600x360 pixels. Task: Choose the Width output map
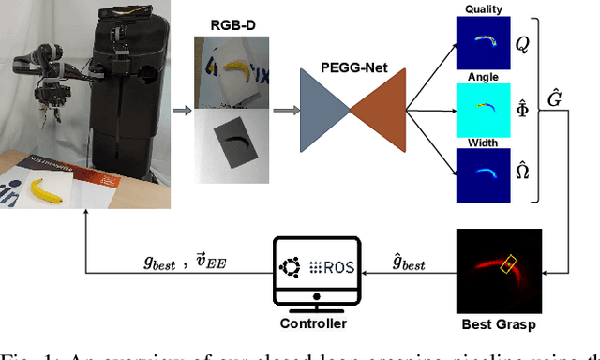tap(481, 175)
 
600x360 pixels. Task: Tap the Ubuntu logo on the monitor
tap(290, 269)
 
